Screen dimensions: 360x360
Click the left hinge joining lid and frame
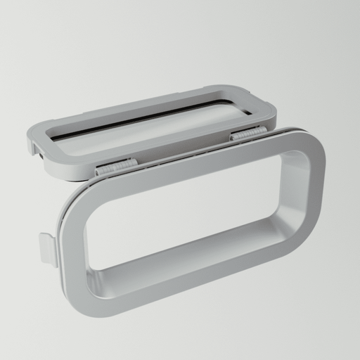click(x=117, y=166)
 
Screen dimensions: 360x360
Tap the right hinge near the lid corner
click(x=248, y=133)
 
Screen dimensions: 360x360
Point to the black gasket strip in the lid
click(x=141, y=119)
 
